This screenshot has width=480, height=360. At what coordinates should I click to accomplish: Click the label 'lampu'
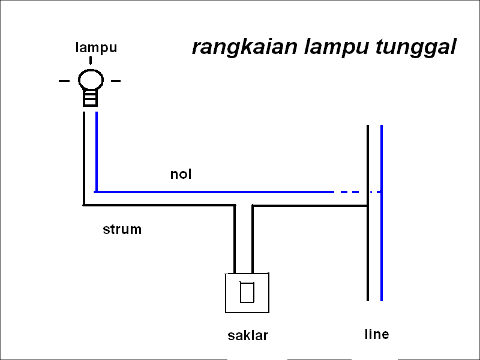(96, 48)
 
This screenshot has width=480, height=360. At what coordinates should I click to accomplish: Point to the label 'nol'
(181, 175)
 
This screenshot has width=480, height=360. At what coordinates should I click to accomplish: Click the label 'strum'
(122, 229)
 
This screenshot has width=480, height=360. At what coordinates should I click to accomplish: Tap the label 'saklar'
(247, 335)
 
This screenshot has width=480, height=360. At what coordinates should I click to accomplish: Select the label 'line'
(376, 334)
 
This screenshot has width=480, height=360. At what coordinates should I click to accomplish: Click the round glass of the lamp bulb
(91, 80)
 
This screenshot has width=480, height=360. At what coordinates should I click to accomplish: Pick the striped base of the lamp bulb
(91, 98)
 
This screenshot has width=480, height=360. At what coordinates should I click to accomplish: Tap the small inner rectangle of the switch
(247, 292)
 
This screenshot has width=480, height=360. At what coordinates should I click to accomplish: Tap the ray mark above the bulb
(91, 61)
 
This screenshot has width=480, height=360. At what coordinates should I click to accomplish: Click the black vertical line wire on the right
(367, 252)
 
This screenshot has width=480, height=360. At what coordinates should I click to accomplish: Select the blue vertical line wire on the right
(382, 252)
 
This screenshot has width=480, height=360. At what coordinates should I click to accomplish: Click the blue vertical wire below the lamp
(96, 150)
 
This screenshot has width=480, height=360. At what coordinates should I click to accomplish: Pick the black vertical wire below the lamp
(84, 156)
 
